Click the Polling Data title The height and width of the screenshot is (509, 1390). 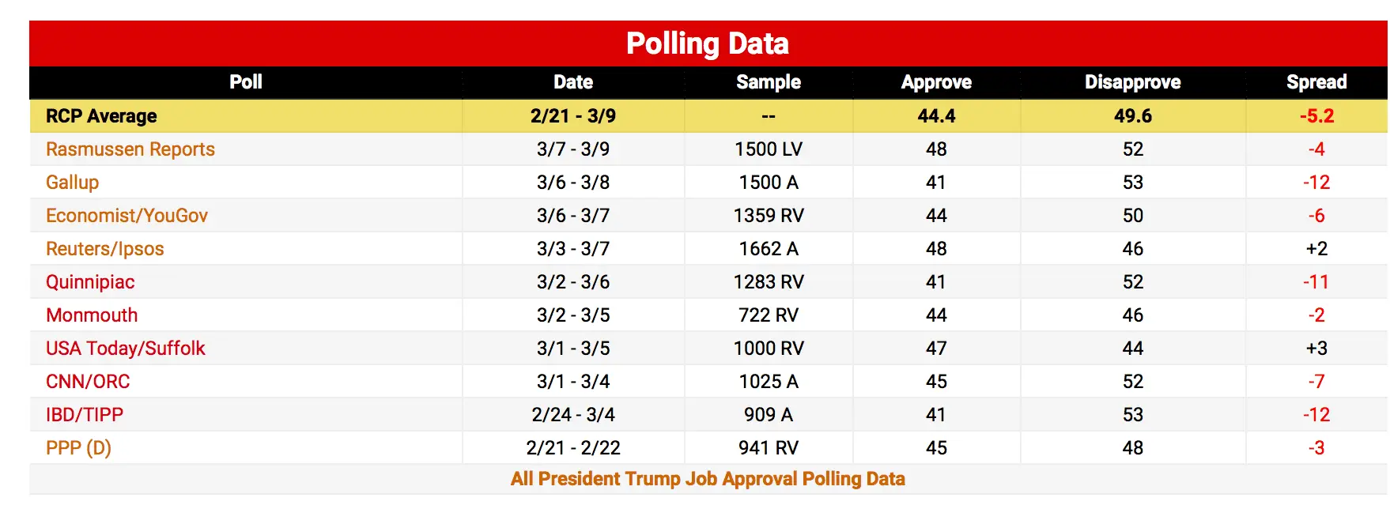(x=707, y=43)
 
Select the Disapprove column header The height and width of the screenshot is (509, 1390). (x=1132, y=82)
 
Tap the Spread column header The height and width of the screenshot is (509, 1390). (x=1316, y=82)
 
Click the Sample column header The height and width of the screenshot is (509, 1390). (x=768, y=82)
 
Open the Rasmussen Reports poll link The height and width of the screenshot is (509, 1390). (x=130, y=149)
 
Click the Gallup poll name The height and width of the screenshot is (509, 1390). (x=72, y=183)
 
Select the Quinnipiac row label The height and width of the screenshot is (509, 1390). (x=90, y=282)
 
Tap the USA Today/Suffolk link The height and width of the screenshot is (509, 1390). (x=125, y=349)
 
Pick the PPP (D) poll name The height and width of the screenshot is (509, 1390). (x=78, y=448)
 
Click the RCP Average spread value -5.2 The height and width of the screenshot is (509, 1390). (x=1316, y=116)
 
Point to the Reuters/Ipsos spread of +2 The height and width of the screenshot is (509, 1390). (x=1316, y=249)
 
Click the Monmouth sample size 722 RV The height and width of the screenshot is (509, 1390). (x=768, y=315)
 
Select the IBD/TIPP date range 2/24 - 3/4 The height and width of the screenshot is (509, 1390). (x=573, y=415)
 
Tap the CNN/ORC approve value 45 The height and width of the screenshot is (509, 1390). (x=936, y=382)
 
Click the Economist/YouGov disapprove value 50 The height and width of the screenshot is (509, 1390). (x=1132, y=216)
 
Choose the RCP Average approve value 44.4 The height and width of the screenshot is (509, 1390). (x=936, y=116)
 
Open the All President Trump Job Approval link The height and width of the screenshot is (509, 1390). (x=707, y=479)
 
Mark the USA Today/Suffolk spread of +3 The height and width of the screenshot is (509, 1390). (x=1316, y=349)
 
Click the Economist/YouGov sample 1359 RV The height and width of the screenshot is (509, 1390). (x=768, y=216)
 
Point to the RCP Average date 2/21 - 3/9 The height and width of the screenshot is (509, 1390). (x=573, y=116)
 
